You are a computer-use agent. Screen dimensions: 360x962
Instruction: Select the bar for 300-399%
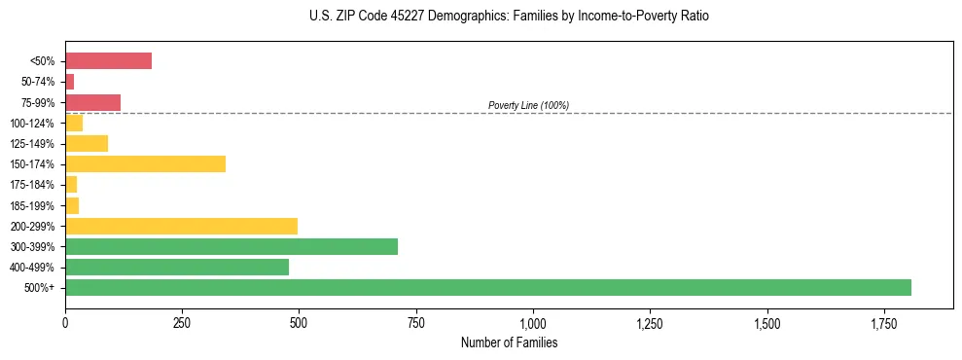(232, 246)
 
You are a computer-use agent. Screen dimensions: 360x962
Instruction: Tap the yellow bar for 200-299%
(181, 226)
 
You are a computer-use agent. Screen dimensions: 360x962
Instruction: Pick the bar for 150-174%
(145, 163)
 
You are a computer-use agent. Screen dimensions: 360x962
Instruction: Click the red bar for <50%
(108, 61)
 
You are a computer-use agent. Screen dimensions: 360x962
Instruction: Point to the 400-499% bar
(177, 267)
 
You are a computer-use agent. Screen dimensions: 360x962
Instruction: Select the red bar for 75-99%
(92, 102)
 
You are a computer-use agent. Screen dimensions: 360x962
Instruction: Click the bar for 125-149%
(87, 143)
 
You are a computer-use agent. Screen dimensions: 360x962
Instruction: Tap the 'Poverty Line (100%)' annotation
(528, 105)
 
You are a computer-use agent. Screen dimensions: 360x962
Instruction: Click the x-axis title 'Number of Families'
(509, 342)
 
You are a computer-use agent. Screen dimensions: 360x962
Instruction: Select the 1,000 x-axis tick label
(533, 322)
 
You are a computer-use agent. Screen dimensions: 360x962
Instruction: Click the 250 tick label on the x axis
(182, 322)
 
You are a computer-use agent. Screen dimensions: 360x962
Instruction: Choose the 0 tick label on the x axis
(65, 322)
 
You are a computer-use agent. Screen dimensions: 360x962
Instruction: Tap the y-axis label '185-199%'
(32, 205)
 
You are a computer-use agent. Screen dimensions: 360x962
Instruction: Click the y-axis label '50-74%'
(38, 82)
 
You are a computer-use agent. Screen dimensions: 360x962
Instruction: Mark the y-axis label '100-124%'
(32, 123)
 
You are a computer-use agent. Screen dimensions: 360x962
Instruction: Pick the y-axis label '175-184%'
(32, 185)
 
